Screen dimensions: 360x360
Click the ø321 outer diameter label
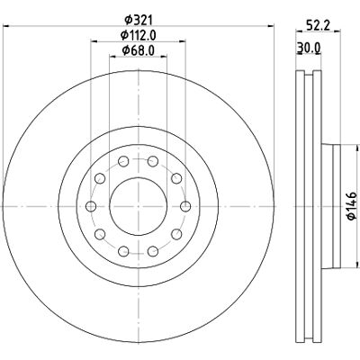click(x=139, y=20)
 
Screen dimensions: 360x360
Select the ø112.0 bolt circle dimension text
click(x=139, y=35)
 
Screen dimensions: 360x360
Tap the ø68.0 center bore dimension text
click(x=139, y=50)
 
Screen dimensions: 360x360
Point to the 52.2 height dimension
click(x=318, y=24)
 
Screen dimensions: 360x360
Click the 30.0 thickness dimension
click(x=309, y=48)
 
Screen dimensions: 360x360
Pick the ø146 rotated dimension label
click(x=352, y=206)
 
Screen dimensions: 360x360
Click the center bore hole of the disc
click(x=139, y=206)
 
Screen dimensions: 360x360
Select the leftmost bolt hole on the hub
click(x=91, y=206)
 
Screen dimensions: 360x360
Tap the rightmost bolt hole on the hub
click(x=186, y=206)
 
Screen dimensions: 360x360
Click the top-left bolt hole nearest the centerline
click(x=123, y=161)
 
